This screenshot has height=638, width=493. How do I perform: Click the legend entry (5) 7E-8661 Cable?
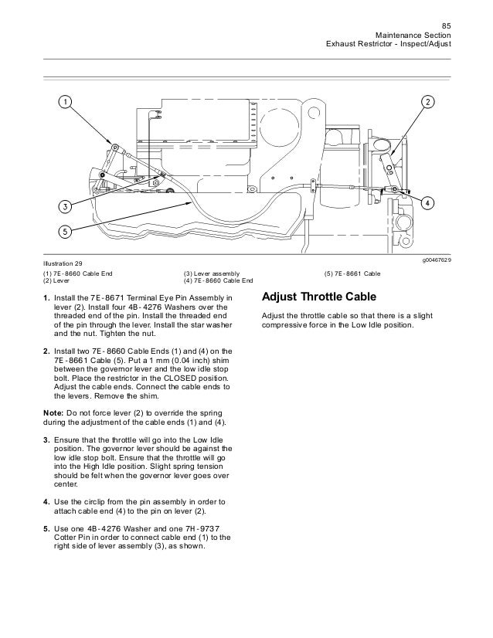pyautogui.click(x=352, y=273)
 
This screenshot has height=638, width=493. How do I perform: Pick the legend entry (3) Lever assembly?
pyautogui.click(x=212, y=273)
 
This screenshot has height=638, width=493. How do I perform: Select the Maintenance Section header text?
pyautogui.click(x=412, y=36)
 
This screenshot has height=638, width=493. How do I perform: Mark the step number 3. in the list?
pyautogui.click(x=46, y=439)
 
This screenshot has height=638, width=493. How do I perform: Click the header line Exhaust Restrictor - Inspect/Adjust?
pyautogui.click(x=390, y=46)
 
